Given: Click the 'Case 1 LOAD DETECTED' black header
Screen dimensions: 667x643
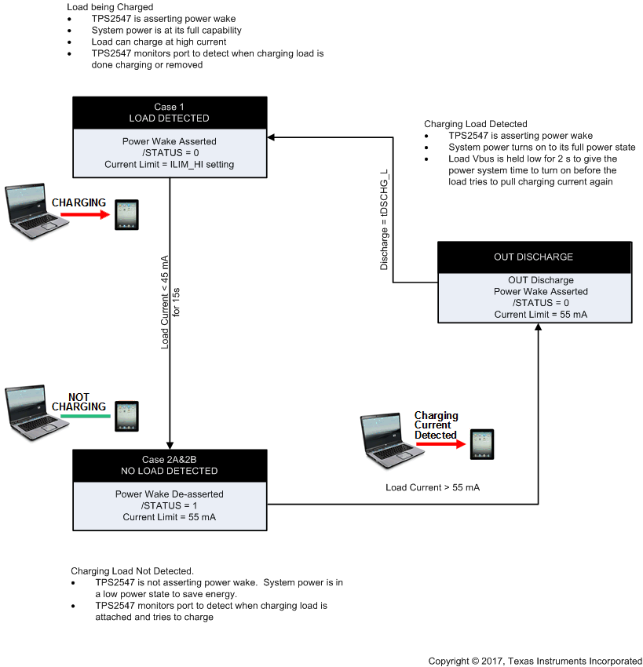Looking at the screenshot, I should click(x=170, y=112).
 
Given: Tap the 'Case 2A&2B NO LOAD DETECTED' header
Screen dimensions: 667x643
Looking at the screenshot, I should click(x=170, y=465).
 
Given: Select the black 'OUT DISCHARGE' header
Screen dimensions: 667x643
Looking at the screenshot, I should click(x=533, y=257).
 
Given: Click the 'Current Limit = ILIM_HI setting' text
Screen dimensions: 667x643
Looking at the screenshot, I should click(x=170, y=164).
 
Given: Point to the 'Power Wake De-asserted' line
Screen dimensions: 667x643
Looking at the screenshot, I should click(x=170, y=494).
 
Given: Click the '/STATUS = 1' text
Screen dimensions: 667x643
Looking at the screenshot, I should click(x=170, y=505).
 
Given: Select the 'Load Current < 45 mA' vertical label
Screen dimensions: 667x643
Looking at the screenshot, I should click(x=165, y=301).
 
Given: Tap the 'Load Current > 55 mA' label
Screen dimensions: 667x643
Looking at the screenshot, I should click(x=433, y=487).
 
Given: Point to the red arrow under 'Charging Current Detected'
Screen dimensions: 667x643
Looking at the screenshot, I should click(x=439, y=444).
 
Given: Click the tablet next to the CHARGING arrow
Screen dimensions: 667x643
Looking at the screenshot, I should click(x=126, y=214).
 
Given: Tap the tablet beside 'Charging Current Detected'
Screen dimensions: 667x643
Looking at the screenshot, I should click(x=482, y=444).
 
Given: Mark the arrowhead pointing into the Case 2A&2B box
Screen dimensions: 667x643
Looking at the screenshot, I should click(x=170, y=444).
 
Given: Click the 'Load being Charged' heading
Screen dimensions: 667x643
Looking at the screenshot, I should click(x=110, y=7).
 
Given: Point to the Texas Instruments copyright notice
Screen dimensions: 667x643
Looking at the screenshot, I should click(x=535, y=661).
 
